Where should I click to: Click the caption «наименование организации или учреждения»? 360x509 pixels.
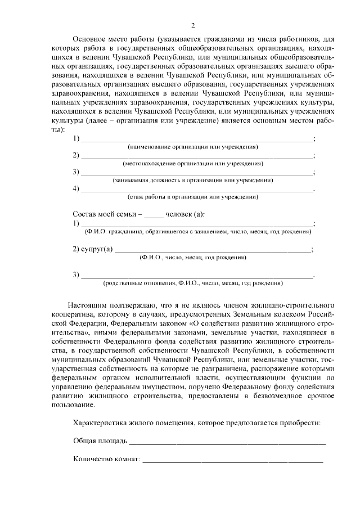193,147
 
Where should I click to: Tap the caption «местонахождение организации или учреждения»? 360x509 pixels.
193,164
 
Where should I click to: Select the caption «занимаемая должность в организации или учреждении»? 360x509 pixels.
193,181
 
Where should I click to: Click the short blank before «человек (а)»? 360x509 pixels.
154,215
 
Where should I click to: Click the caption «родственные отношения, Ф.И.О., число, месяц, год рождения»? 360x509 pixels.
193,283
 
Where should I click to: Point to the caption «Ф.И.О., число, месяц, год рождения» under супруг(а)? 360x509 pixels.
193,258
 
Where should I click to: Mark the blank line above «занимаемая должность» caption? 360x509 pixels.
197,173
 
